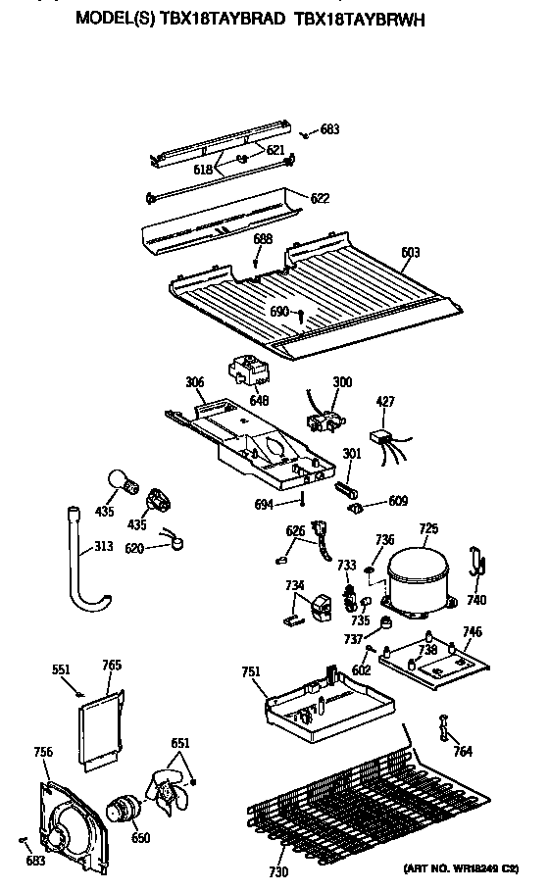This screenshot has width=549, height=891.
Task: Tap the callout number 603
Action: pos(410,252)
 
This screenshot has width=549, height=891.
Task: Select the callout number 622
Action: pos(320,198)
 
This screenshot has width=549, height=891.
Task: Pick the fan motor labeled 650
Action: pos(125,810)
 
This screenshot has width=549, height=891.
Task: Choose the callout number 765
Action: pos(112,666)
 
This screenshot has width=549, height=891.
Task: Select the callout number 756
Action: pos(42,752)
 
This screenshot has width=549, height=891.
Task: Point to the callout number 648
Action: pos(258,399)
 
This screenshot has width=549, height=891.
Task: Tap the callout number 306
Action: pos(194,382)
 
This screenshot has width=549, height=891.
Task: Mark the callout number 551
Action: pos(62,670)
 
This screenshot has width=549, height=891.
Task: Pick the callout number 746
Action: pos(473,634)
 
